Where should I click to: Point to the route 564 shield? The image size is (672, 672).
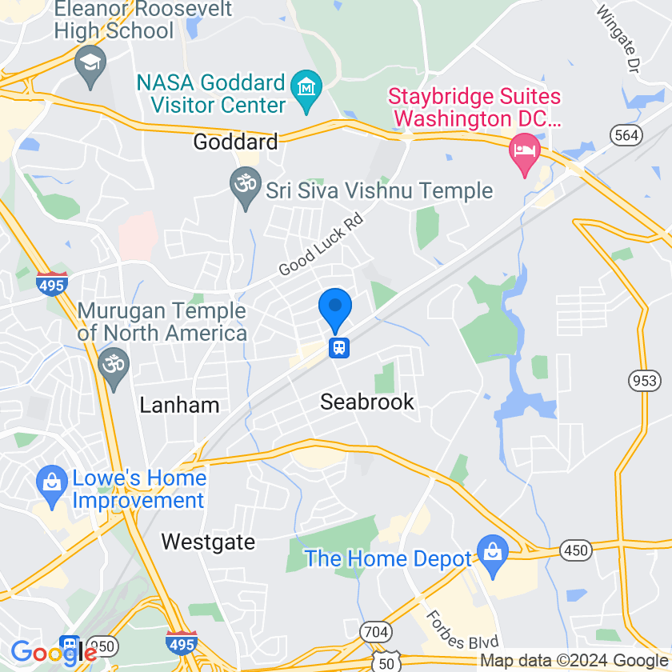pos(626,135)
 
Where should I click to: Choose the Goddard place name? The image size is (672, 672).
pos(236,142)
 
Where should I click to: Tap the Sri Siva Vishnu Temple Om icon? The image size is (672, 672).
pos(246,184)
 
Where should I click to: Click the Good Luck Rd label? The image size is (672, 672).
pos(321,244)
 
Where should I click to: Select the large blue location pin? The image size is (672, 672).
pos(335,308)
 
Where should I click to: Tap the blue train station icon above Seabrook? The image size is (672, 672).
pos(340,348)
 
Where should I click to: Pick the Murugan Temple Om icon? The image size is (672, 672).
pos(113,364)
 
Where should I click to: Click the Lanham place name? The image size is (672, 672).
pos(179,405)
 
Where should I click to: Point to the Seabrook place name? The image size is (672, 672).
pos(367,402)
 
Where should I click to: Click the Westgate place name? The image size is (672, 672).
pos(208,542)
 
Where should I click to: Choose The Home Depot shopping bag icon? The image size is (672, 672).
pos(492,554)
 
